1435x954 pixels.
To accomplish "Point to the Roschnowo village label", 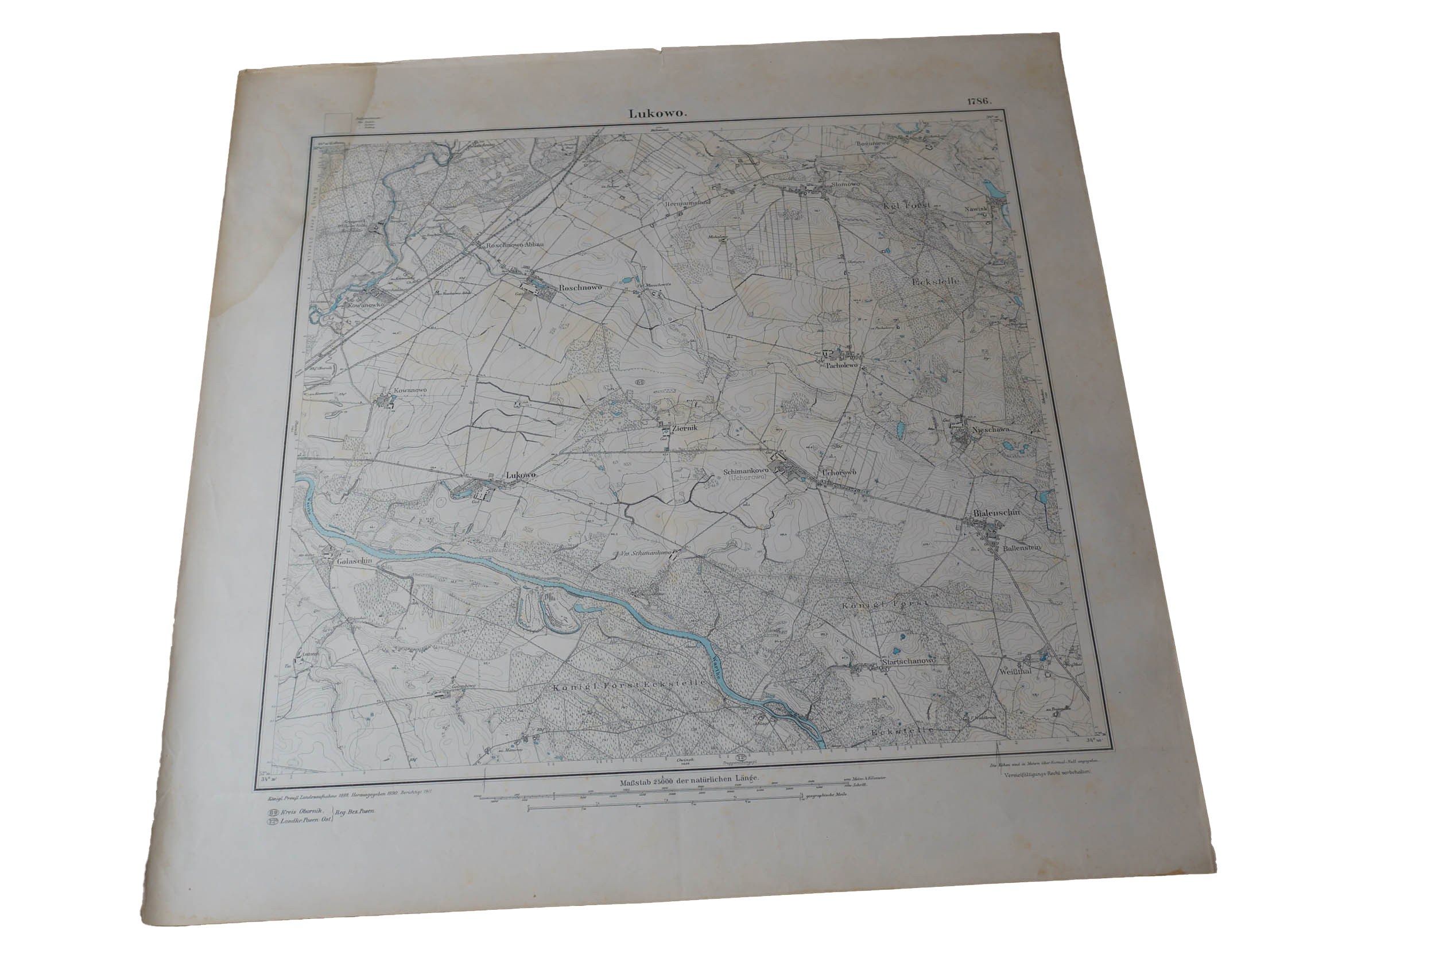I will pos(580,287).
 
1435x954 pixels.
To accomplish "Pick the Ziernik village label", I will pos(683,428).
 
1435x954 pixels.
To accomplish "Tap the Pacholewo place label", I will pos(842,366).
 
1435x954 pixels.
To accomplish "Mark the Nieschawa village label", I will pos(991,430).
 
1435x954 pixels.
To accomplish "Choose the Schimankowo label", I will pos(746,471).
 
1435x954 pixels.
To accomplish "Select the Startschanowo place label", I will pos(909,661).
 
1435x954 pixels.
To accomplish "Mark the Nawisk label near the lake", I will pos(975,208).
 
